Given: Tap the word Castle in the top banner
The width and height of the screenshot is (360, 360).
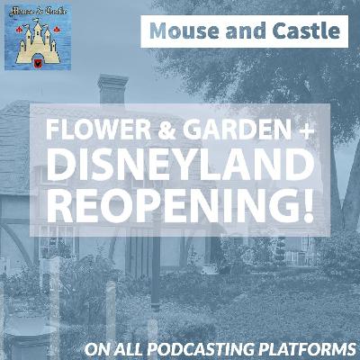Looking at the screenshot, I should click(308, 32).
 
